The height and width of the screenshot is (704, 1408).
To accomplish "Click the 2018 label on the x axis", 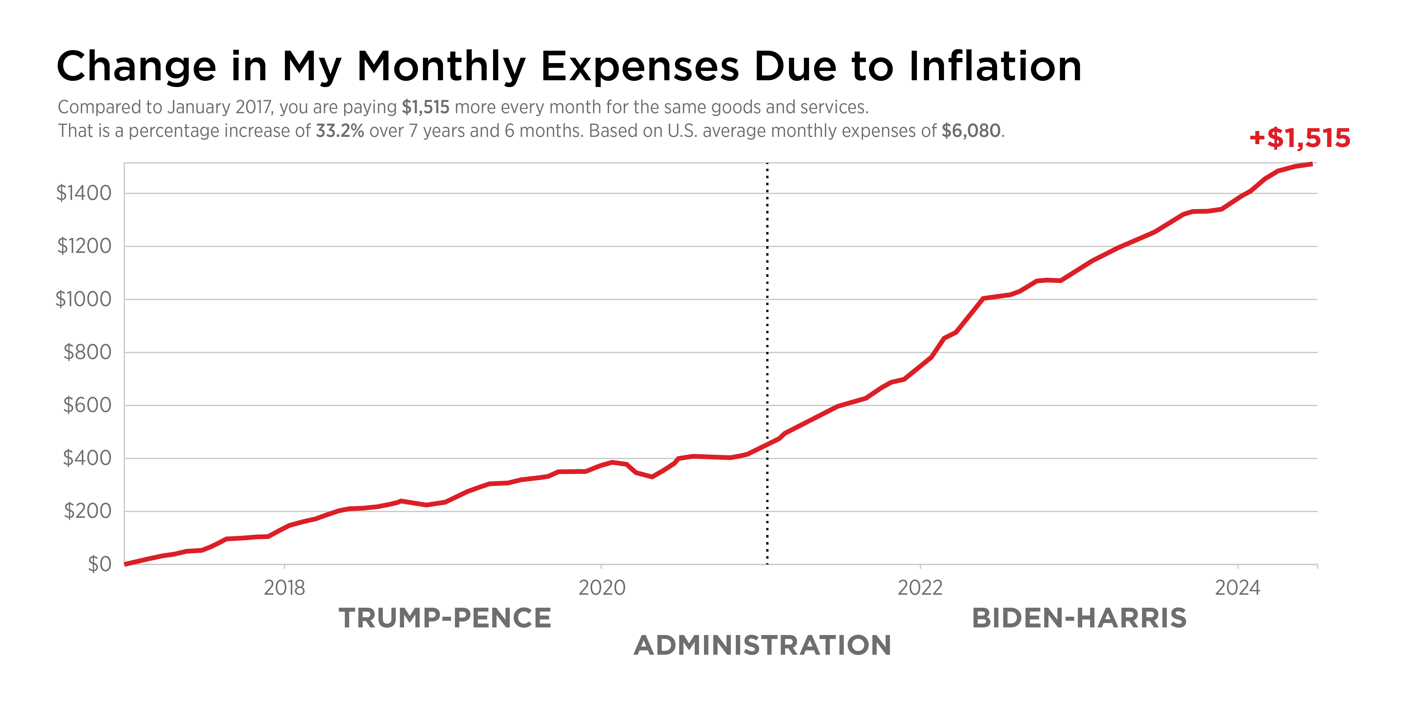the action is pos(284,588).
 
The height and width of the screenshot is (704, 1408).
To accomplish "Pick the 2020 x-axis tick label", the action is pos(602,588).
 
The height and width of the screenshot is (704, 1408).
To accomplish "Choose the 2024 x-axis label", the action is pos(1237,588).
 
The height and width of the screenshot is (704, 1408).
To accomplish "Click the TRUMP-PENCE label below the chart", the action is pos(445,618).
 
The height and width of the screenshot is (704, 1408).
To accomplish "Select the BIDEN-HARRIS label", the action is pos(1079,618).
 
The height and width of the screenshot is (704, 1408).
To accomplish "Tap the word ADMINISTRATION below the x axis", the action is pos(763,645).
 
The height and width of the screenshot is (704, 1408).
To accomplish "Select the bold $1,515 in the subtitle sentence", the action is pos(425,107).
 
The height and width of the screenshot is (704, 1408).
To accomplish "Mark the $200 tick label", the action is pos(88,511).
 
